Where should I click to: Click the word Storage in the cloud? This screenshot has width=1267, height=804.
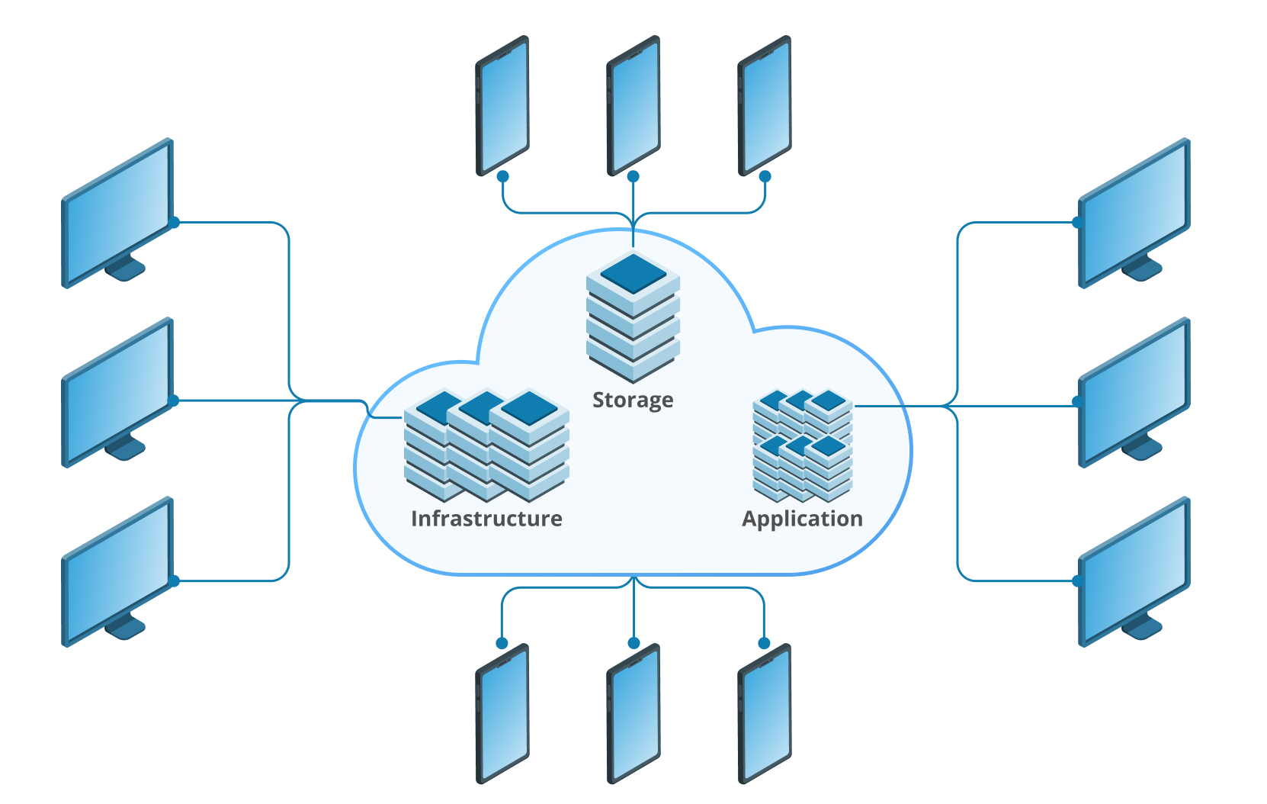pos(633,400)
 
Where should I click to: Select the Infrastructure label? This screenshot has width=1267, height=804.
pos(486,519)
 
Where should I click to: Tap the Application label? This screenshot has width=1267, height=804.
pos(802,519)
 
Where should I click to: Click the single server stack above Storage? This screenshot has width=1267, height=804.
pos(633,317)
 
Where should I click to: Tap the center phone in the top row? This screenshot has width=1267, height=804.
pos(633,105)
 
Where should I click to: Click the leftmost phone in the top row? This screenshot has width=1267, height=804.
pos(502,105)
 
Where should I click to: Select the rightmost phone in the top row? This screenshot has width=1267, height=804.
pos(765,105)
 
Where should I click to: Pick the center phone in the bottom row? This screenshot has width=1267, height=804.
pos(633,713)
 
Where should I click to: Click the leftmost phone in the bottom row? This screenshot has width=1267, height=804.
pos(502,713)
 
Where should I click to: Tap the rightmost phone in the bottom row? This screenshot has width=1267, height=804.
pos(765,713)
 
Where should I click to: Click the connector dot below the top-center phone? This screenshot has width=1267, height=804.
pos(633,176)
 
